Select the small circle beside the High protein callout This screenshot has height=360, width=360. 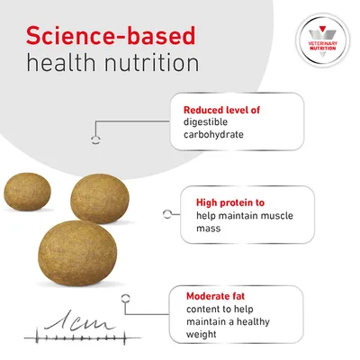166,215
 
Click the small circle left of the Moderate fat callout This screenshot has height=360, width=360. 126,306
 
